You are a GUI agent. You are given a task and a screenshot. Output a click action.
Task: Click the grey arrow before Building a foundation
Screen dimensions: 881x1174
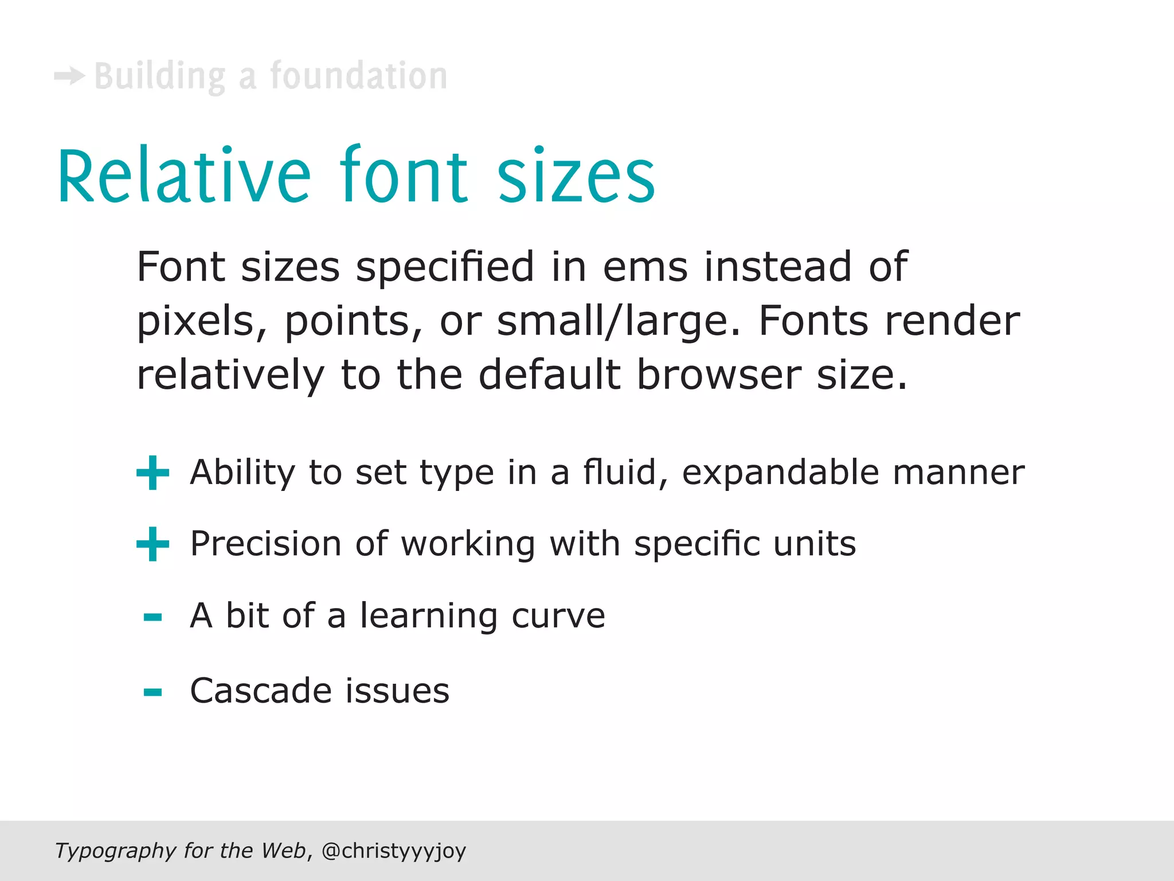[x=69, y=76]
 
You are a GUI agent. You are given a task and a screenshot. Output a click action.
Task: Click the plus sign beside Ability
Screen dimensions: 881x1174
[x=152, y=473]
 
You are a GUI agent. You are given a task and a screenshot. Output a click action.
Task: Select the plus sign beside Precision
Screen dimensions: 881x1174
[x=152, y=544]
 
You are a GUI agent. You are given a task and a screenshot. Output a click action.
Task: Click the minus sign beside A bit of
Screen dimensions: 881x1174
[x=152, y=617]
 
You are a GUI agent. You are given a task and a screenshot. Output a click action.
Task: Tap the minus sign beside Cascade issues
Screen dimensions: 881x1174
[x=152, y=692]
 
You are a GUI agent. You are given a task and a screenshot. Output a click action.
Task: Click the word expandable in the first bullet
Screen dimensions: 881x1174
[x=780, y=473]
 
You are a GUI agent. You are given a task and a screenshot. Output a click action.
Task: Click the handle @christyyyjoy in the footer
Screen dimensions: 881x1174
[x=394, y=851]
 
